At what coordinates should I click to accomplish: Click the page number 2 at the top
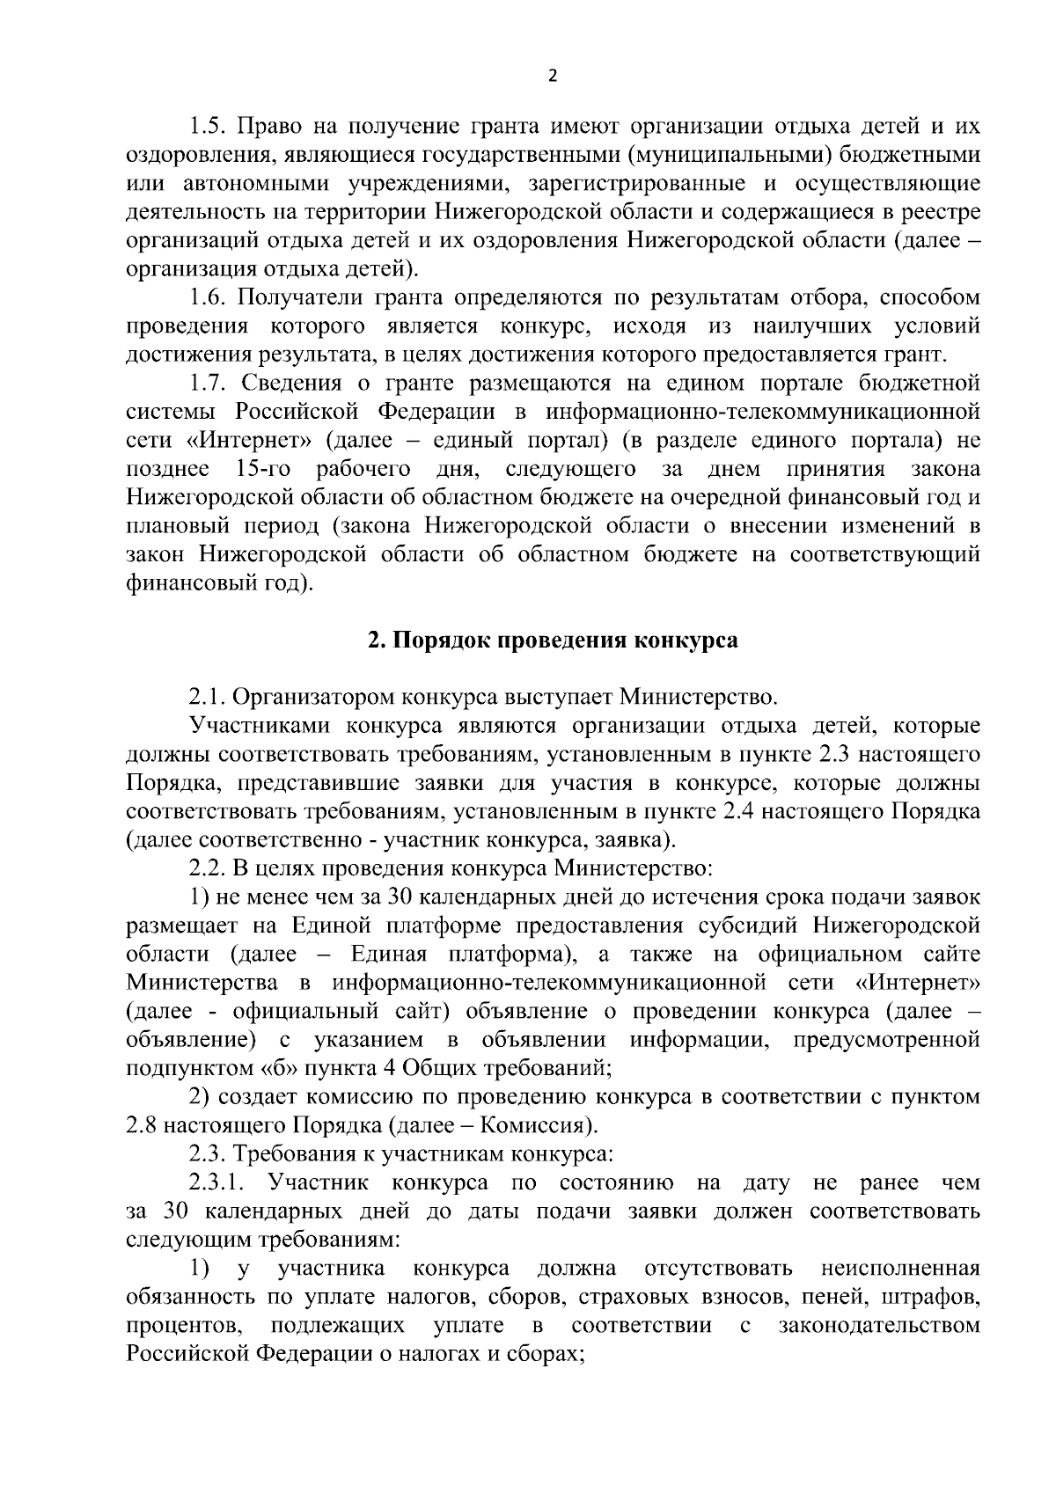[552, 77]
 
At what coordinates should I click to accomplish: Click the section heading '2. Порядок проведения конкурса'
[552, 640]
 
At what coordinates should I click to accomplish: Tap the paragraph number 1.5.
[208, 127]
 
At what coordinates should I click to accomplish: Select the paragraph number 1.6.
[208, 297]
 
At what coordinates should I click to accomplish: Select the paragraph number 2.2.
[208, 869]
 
